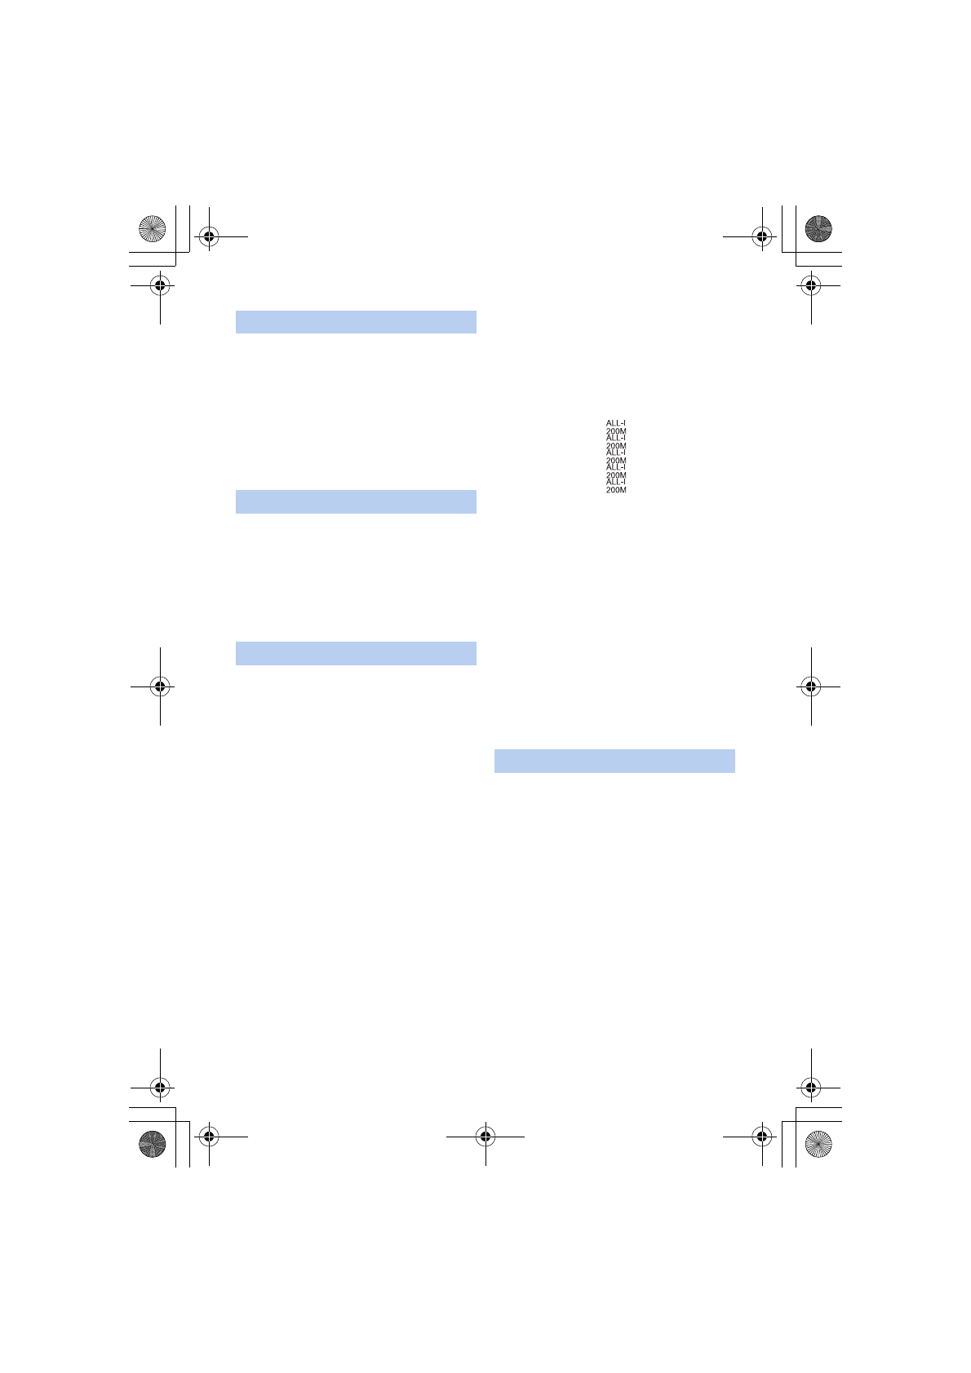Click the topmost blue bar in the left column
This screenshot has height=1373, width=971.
(356, 322)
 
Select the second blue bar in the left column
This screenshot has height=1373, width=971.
(356, 501)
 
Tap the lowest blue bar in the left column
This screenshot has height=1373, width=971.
(356, 653)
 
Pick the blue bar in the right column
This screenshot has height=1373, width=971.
(614, 761)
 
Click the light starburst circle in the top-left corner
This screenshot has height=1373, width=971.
(152, 228)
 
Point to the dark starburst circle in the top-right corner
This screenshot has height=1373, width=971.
(818, 228)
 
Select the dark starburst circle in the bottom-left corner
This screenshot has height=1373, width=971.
(152, 1144)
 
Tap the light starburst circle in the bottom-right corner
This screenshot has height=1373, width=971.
(818, 1144)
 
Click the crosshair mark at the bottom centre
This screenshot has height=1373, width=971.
(485, 1137)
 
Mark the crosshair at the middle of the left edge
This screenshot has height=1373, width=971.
(160, 686)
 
